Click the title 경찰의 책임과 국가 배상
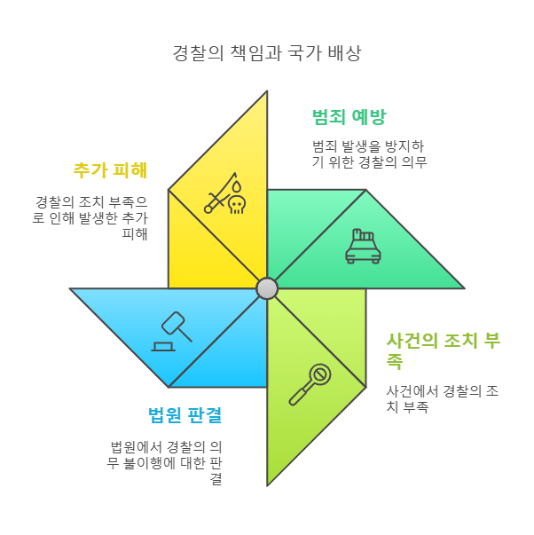(266, 52)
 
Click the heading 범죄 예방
(349, 117)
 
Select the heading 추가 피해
(110, 169)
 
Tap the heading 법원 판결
(185, 414)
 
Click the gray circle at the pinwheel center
(267, 288)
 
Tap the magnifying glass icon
(310, 383)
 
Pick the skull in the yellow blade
(236, 205)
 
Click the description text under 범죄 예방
(369, 153)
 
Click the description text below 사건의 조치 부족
(441, 398)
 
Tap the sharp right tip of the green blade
(462, 288)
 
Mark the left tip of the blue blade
(72, 289)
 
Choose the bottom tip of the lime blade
(267, 483)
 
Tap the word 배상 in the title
(344, 52)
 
